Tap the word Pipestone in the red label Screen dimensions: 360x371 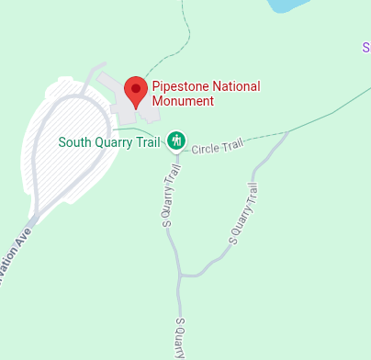[x=180, y=87]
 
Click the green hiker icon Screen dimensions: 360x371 [x=176, y=141]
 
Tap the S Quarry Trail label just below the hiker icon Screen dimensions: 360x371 [x=168, y=196]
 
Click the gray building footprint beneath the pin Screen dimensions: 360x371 [x=124, y=101]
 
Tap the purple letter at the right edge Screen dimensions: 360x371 [x=366, y=47]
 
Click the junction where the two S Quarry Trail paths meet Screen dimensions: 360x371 [x=182, y=274]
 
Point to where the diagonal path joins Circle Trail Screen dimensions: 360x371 [x=287, y=132]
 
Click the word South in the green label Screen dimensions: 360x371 [x=75, y=142]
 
